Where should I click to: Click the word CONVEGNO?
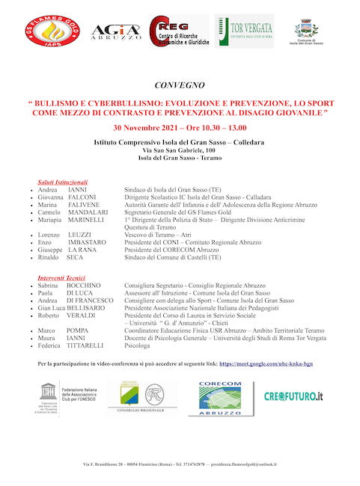180,86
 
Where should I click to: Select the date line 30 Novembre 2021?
180,128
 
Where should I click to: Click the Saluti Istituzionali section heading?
63,182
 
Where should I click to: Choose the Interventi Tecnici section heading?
63,278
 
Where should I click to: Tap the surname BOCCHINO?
88,286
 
